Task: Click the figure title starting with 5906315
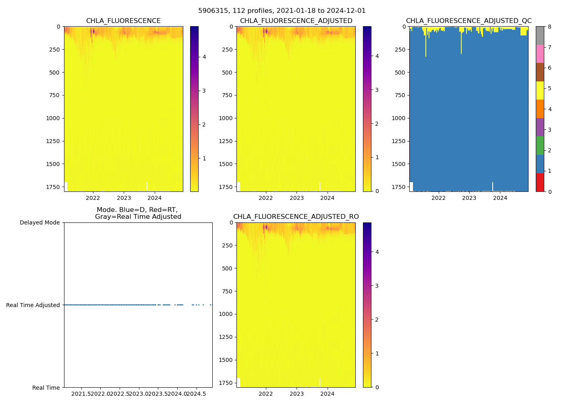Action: click(x=282, y=11)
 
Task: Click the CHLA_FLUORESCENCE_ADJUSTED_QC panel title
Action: click(x=469, y=21)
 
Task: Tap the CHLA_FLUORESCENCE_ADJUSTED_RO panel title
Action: click(x=296, y=217)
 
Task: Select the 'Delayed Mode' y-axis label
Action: click(x=39, y=222)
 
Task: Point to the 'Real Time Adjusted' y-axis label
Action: click(x=33, y=305)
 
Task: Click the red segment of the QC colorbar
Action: click(x=540, y=182)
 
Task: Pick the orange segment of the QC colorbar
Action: click(x=540, y=109)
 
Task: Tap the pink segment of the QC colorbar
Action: click(x=540, y=54)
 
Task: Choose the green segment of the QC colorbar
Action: click(x=540, y=145)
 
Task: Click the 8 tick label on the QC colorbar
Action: click(x=549, y=27)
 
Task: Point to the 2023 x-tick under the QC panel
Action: click(x=469, y=198)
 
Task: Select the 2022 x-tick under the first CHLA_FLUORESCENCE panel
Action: click(x=93, y=198)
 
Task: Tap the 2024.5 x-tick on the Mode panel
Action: click(x=197, y=394)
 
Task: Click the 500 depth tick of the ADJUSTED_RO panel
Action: click(x=228, y=268)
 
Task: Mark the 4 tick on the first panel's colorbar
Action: click(x=204, y=57)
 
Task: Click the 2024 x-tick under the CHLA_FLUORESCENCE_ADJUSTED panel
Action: click(x=328, y=198)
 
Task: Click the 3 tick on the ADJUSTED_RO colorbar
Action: click(x=377, y=286)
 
